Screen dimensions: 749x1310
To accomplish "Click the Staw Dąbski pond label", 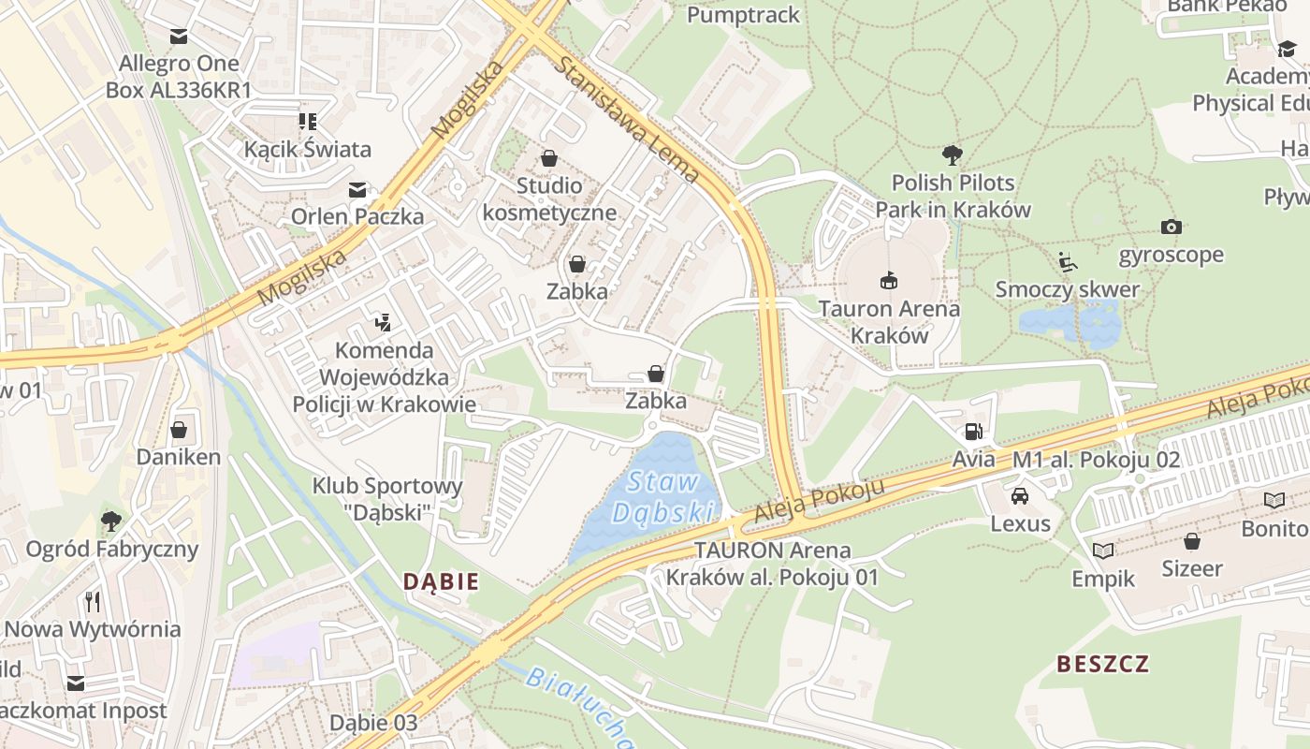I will click(x=663, y=497).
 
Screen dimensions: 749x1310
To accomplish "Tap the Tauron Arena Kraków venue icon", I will click(x=887, y=279).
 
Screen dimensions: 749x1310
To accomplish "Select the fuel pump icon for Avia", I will click(x=973, y=432).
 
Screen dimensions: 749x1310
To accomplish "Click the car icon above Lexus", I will click(x=1020, y=495).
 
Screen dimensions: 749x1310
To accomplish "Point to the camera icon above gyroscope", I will click(x=1171, y=227).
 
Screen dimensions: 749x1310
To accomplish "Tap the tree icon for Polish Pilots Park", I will click(x=953, y=154).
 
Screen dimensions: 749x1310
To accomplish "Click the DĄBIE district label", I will click(x=441, y=581).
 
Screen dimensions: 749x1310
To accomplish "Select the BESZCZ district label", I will click(x=1102, y=664).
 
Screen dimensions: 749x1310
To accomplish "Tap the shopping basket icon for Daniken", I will click(x=179, y=430).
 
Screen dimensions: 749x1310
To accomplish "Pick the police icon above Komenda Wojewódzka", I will click(x=382, y=323).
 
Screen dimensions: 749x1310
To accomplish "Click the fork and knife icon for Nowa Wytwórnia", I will click(x=92, y=600).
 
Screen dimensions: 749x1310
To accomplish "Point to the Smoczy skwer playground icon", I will click(x=1068, y=261).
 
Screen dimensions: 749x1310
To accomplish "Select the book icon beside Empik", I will click(x=1103, y=551).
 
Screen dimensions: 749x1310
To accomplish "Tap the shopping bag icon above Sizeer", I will click(x=1191, y=540).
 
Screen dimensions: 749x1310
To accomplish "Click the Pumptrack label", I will click(x=743, y=15).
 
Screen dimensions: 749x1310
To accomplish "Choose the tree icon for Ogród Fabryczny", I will click(x=111, y=520).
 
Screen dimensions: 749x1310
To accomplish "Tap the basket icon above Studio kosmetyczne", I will click(x=548, y=158).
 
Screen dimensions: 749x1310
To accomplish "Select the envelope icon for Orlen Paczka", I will click(x=357, y=189).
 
